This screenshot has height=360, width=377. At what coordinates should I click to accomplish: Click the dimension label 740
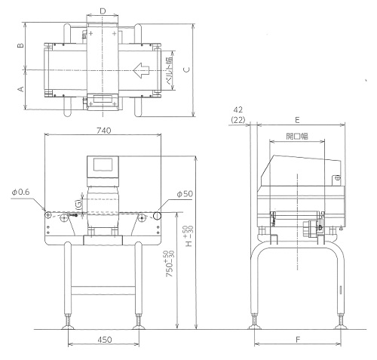coord(104,131)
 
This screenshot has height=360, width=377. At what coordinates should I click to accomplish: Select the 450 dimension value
coord(104,340)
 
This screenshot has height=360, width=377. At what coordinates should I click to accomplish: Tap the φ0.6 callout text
coord(20,192)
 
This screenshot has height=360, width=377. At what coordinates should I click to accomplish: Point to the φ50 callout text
coord(185,194)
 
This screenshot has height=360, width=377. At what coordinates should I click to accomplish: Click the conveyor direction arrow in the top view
coord(141,70)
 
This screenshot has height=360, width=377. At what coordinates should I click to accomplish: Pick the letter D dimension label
coord(103,11)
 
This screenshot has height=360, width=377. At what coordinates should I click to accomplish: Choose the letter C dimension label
coord(186,69)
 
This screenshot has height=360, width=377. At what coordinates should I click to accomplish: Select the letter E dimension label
coord(297,120)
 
